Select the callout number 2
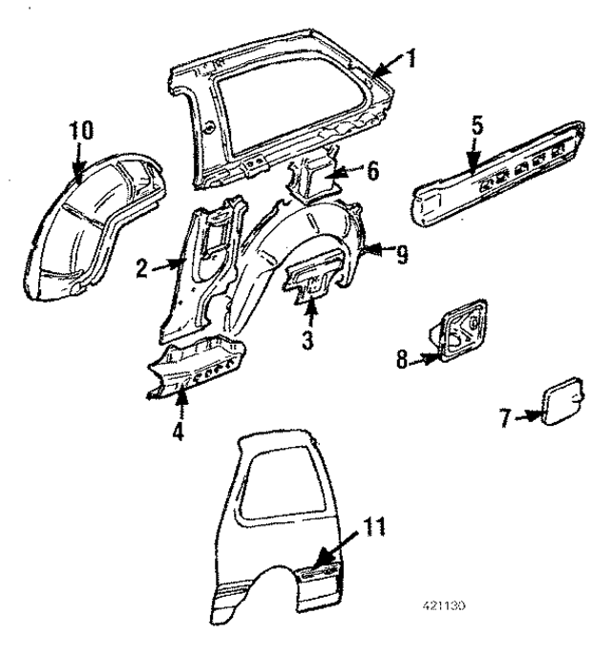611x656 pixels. coord(140,268)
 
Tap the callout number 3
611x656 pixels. coord(307,339)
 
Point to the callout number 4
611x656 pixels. coord(178,430)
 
